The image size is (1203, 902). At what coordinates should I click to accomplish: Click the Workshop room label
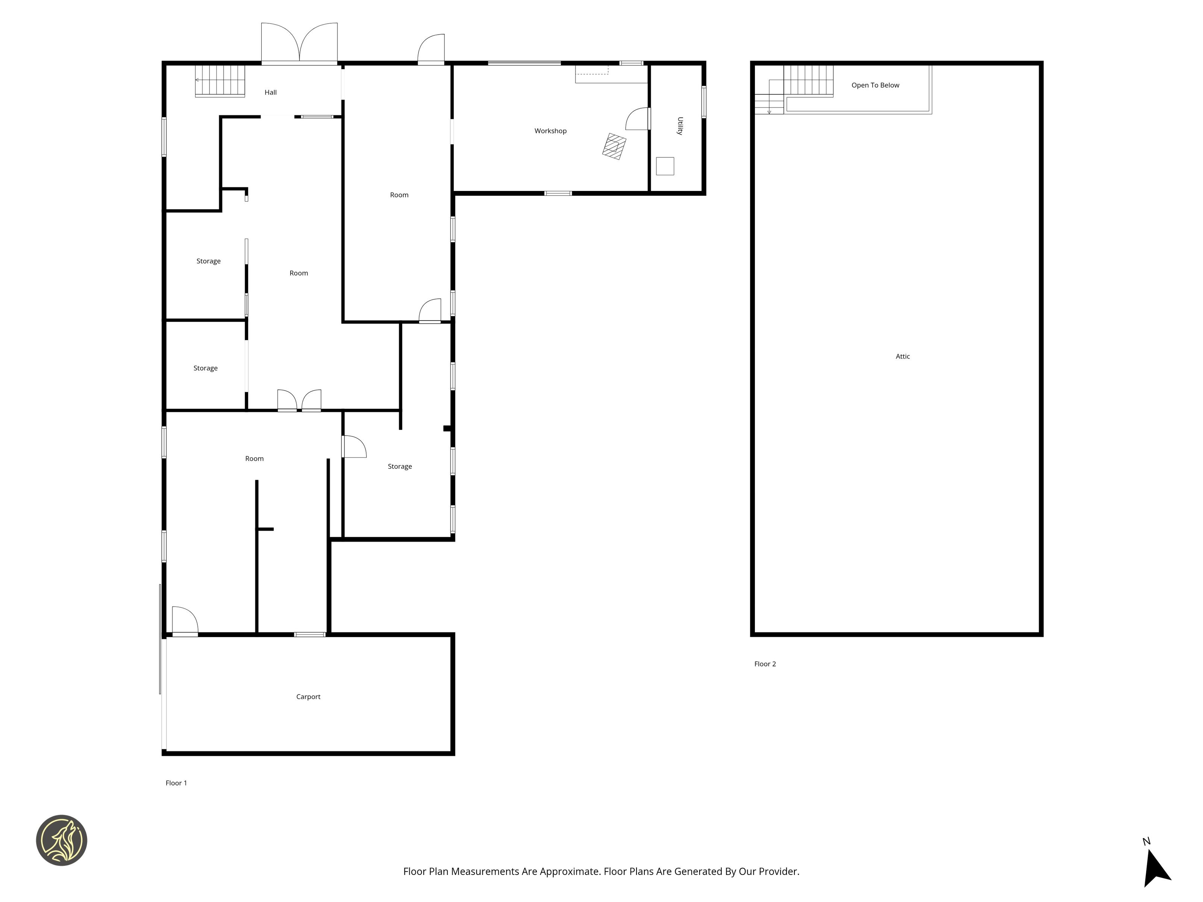[x=550, y=131]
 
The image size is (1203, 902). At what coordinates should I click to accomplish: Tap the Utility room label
[x=680, y=126]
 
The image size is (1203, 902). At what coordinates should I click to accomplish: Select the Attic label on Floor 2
[x=903, y=357]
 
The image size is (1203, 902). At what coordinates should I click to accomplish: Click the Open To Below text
[x=875, y=85]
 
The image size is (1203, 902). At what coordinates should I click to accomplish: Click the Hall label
[x=270, y=92]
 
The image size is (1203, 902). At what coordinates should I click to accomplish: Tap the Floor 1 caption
[x=176, y=783]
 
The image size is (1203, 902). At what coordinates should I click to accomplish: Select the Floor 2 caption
[x=765, y=664]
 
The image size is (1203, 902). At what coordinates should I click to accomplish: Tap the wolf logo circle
[x=61, y=840]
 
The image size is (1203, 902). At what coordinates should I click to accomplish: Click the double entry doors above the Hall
[x=299, y=44]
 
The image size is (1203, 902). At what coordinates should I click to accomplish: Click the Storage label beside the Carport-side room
[x=400, y=466]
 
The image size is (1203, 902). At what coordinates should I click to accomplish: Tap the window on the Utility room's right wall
[x=704, y=102]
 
